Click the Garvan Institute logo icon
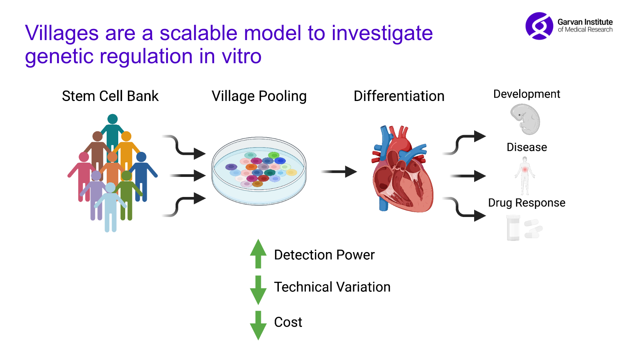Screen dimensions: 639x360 (x=539, y=26)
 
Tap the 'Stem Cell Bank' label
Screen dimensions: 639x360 (x=110, y=96)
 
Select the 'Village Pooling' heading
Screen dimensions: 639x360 (x=259, y=96)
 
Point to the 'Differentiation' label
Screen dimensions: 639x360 (x=399, y=96)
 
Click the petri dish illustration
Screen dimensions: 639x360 (x=259, y=171)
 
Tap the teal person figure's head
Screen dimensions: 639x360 (x=112, y=119)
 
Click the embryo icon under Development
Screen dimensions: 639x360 (x=525, y=119)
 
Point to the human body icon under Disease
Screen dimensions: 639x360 (x=525, y=175)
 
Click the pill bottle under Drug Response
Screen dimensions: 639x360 (x=513, y=228)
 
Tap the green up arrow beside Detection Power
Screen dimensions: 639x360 (x=258, y=254)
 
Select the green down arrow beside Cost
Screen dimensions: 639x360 (x=258, y=325)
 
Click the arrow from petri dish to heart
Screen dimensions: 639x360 (x=339, y=172)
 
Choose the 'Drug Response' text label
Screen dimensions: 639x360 (x=527, y=203)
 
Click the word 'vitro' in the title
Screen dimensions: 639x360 (x=242, y=57)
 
